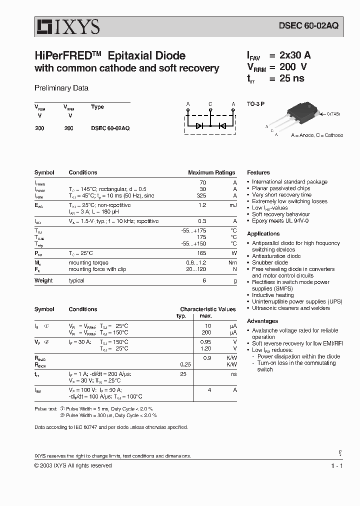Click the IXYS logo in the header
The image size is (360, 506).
click(67, 26)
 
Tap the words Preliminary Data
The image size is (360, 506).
click(61, 88)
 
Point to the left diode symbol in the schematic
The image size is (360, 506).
click(199, 126)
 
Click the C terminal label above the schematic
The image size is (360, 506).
click(210, 104)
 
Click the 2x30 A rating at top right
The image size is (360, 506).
click(295, 56)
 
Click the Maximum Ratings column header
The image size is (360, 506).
click(211, 172)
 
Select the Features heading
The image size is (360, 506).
click(258, 172)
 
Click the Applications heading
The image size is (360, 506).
click(263, 233)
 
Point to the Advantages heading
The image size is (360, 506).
click(262, 321)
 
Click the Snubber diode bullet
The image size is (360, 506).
click(269, 262)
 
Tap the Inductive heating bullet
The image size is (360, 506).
click(272, 295)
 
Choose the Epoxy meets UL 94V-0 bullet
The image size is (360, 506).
click(280, 220)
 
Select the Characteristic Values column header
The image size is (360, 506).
click(207, 309)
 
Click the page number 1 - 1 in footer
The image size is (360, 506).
click(336, 465)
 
